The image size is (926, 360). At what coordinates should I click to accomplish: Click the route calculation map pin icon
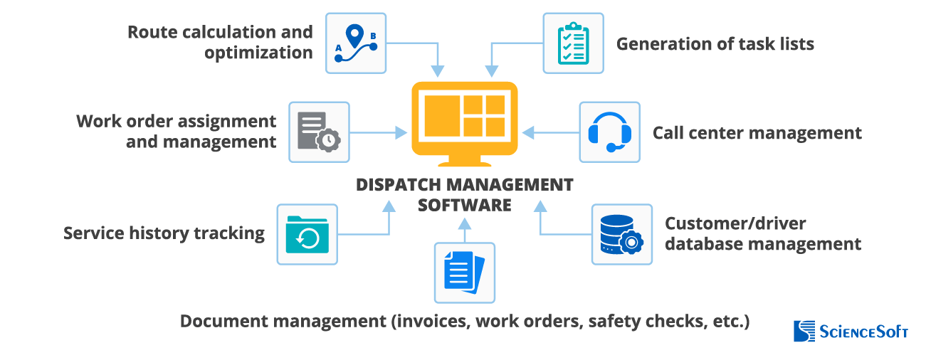[356, 43]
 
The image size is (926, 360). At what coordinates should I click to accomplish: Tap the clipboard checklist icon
[573, 43]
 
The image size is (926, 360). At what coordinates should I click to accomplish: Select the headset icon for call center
[609, 132]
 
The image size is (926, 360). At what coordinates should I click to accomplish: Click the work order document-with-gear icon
[319, 132]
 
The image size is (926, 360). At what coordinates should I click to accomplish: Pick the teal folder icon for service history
[307, 234]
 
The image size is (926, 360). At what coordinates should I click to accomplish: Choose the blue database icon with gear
[621, 234]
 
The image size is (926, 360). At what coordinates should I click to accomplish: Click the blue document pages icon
[464, 272]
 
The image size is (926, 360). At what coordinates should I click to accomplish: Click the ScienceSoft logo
[851, 332]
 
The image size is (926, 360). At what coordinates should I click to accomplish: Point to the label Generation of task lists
[715, 43]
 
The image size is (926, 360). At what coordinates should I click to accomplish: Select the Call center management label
[757, 133]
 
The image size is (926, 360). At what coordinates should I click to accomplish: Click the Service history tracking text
[164, 233]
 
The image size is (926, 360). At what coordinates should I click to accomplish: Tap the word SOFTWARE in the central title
[464, 205]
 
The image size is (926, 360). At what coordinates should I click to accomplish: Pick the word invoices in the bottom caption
[430, 321]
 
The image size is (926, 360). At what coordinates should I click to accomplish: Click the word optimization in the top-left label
[258, 53]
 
